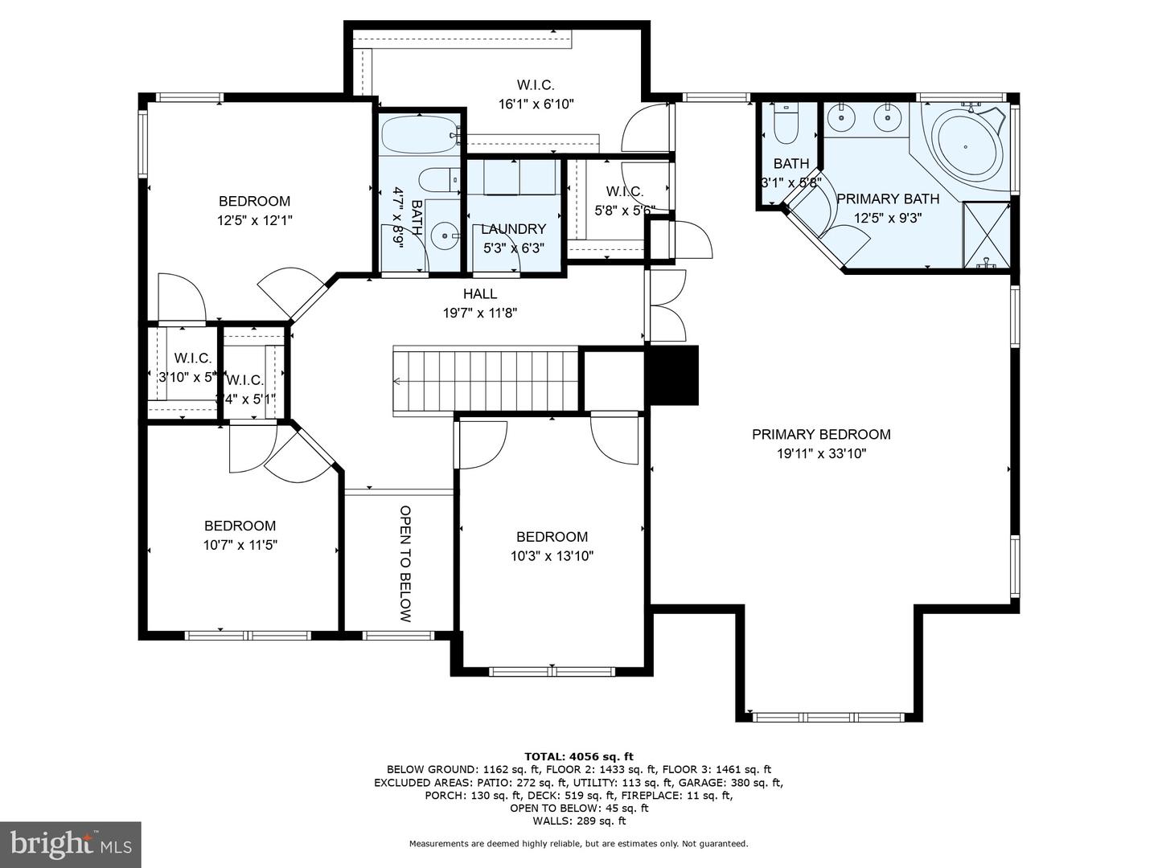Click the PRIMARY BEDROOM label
coord(821,434)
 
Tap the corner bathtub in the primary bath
coord(967,149)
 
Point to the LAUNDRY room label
coord(513,229)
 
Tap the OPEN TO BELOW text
coord(405,563)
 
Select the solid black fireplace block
coord(673,375)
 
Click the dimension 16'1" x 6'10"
coord(536,104)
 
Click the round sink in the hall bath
coord(444,236)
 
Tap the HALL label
coord(479,294)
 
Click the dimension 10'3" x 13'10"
coord(552,555)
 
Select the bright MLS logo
coord(71,844)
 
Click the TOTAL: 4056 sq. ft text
coord(578,756)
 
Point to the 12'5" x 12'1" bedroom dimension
coord(254,220)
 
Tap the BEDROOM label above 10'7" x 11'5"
coord(240,526)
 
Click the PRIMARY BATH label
coord(887,199)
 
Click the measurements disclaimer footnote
coord(578,844)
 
